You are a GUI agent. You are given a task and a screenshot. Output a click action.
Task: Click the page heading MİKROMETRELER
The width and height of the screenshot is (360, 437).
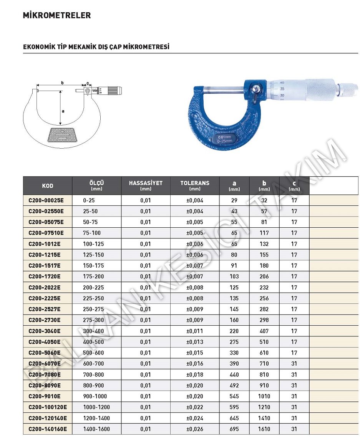tap(57, 16)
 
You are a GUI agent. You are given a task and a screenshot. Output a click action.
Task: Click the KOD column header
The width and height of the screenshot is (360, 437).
tap(48, 186)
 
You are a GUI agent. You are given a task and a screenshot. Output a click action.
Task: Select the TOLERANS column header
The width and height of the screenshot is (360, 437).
tap(195, 183)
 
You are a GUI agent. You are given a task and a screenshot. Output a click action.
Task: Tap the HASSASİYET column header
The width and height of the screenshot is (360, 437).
tap(146, 183)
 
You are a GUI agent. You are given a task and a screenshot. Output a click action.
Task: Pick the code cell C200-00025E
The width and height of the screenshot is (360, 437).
tap(46, 200)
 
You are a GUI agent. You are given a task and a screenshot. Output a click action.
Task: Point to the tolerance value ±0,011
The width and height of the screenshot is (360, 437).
tap(195, 331)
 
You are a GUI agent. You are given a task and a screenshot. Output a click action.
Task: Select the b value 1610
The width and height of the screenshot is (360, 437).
tap(264, 429)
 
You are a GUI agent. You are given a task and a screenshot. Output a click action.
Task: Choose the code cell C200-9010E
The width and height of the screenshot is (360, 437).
tap(45, 396)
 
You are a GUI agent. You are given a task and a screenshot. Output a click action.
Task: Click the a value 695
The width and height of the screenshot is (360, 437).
tap(234, 429)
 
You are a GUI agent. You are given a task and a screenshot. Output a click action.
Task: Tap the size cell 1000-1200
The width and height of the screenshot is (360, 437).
tap(96, 407)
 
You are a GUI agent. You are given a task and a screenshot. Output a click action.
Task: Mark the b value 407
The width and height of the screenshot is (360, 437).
tap(264, 331)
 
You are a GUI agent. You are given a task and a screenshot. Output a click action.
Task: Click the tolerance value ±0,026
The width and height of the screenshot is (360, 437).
tap(195, 429)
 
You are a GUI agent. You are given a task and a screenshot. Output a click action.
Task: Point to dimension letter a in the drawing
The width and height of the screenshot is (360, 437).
tap(63, 111)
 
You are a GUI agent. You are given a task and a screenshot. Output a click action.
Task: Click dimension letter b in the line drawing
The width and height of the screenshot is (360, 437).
tap(62, 82)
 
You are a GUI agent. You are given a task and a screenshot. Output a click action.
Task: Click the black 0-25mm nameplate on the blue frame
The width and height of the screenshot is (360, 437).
tap(225, 139)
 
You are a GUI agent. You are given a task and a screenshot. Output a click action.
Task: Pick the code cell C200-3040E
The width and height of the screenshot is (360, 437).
tap(45, 331)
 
